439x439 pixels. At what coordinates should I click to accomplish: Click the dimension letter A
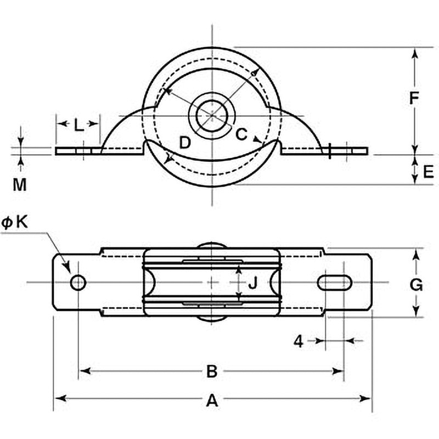[x=212, y=401]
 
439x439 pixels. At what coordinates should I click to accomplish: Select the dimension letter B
[x=212, y=372]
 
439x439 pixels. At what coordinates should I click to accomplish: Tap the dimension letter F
[x=414, y=98]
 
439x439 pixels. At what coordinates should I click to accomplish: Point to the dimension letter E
[x=429, y=171]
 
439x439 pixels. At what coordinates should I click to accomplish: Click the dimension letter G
[x=416, y=285]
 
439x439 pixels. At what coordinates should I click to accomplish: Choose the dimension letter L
[x=79, y=125]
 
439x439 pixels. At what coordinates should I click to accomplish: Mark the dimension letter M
[x=20, y=185]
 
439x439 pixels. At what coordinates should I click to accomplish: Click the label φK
[x=15, y=223]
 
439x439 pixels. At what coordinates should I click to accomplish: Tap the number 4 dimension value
[x=299, y=341]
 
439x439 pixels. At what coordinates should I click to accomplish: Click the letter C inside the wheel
[x=241, y=134]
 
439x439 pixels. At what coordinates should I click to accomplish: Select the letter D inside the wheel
[x=185, y=142]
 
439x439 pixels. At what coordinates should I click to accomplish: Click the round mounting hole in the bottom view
[x=78, y=283]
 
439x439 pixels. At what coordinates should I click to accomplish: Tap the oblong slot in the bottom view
[x=335, y=283]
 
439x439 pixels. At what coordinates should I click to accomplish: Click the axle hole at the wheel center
[x=212, y=115]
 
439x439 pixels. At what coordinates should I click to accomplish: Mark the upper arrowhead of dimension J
[x=239, y=270]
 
